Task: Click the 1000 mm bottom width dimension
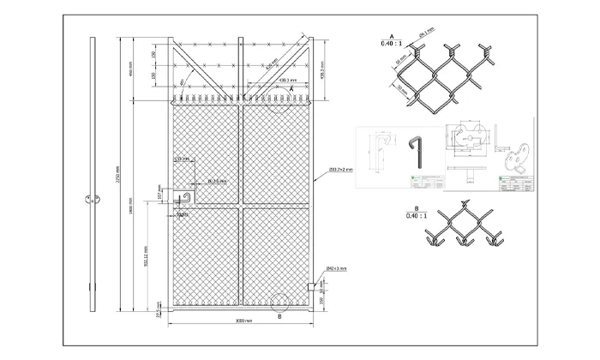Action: [x=243, y=320]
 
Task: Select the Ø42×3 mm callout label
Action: [x=336, y=269]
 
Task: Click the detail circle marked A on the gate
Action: [x=279, y=103]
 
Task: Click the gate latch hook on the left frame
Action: [x=183, y=200]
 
